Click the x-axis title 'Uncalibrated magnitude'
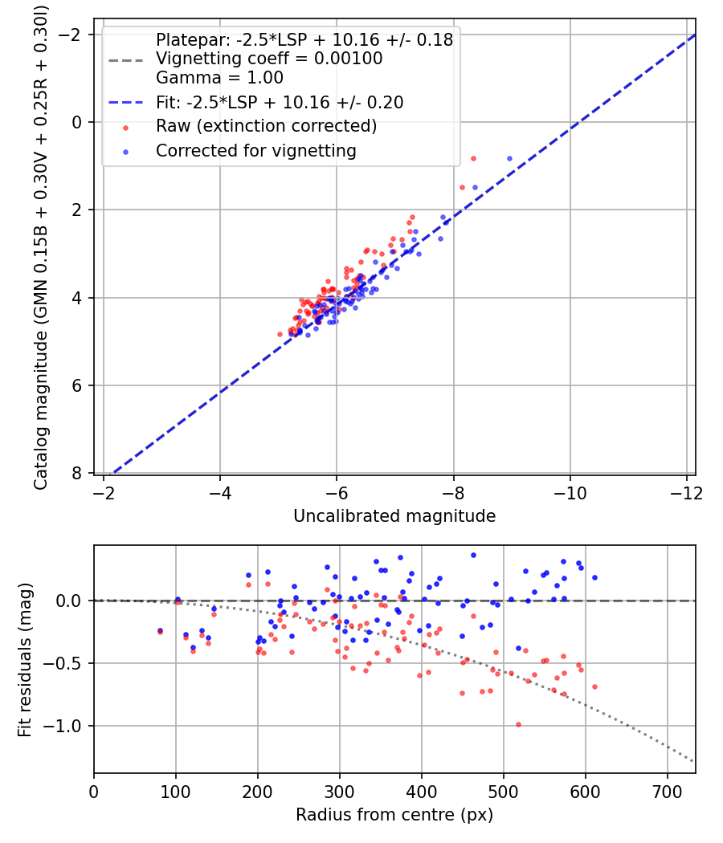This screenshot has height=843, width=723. (394, 516)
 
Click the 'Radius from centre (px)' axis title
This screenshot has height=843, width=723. (394, 815)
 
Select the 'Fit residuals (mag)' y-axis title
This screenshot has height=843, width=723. (25, 660)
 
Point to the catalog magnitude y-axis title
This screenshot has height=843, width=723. (41, 248)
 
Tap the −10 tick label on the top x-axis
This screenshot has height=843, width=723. (570, 493)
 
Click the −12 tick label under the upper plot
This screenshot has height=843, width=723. (686, 493)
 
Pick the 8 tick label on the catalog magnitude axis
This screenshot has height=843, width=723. (77, 473)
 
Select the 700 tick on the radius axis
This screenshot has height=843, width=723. (667, 792)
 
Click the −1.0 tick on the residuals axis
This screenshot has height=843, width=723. (63, 727)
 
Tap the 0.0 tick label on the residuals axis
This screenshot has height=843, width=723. (69, 601)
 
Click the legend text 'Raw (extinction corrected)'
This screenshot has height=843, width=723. (266, 126)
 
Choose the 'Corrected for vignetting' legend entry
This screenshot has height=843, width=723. (256, 151)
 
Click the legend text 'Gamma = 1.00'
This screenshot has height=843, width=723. (219, 77)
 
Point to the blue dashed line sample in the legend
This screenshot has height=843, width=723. (126, 102)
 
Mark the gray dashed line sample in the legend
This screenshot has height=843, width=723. (126, 60)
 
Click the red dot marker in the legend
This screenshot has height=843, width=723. (126, 128)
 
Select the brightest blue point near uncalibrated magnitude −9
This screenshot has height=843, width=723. (509, 159)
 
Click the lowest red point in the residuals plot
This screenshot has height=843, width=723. (519, 725)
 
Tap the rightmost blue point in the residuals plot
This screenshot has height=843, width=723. (594, 578)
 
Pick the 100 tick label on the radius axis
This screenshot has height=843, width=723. (176, 792)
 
